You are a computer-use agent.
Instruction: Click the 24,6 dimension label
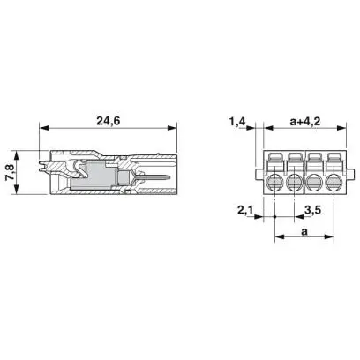(x=109, y=121)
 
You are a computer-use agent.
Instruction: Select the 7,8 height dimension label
(x=10, y=172)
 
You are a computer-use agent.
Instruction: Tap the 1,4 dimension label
(x=237, y=121)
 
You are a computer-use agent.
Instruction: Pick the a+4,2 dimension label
(x=305, y=121)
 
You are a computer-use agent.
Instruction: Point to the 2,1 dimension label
(x=245, y=210)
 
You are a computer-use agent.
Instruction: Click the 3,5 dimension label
(x=312, y=210)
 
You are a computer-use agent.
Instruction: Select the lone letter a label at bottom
(x=304, y=231)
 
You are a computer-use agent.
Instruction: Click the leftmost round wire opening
(x=274, y=183)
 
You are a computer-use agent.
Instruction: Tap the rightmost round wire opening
(x=334, y=183)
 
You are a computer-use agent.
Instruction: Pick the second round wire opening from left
(x=295, y=183)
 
